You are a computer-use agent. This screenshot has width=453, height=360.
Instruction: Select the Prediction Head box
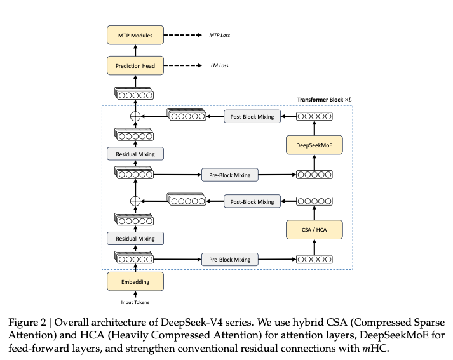tap(135, 65)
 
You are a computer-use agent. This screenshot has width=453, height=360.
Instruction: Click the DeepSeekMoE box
tap(314, 146)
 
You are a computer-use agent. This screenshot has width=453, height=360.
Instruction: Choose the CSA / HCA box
tap(314, 229)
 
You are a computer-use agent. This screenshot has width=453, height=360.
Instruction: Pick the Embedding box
tap(135, 279)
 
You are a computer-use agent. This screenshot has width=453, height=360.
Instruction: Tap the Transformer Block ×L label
tap(325, 100)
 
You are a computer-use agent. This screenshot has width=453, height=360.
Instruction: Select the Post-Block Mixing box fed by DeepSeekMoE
tap(252, 117)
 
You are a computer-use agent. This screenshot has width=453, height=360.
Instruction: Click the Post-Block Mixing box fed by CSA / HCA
tap(252, 201)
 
